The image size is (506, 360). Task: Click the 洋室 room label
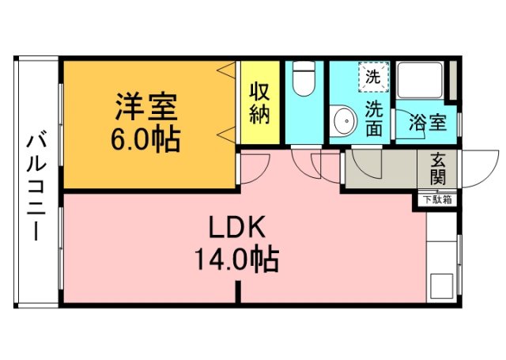click(147, 106)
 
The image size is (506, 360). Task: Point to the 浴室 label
click(428, 123)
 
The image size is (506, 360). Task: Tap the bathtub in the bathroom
click(422, 82)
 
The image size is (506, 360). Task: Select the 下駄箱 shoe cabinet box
click(436, 199)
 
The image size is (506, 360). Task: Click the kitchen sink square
click(441, 285)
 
